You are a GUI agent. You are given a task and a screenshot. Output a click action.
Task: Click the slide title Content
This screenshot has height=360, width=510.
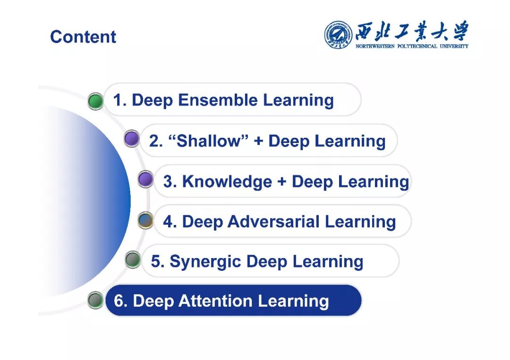[83, 36]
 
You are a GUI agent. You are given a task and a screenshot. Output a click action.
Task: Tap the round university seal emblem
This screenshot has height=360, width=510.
[338, 35]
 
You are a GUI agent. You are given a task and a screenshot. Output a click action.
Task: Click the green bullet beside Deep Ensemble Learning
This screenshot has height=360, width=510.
[95, 101]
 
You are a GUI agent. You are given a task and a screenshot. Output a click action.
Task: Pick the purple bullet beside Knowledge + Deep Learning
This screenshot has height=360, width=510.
[145, 179]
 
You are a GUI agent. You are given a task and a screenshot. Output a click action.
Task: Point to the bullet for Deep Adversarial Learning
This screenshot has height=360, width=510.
[145, 220]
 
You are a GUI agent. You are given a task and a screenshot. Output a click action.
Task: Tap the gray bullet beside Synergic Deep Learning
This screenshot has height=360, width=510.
[133, 260]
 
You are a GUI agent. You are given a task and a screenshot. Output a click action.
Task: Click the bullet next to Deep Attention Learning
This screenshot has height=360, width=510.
[95, 300]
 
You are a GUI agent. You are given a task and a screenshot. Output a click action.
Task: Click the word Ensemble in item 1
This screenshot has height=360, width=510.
[218, 100]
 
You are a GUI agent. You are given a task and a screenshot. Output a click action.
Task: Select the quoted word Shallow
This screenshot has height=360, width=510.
[209, 141]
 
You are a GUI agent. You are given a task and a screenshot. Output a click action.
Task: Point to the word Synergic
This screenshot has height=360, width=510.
[205, 262]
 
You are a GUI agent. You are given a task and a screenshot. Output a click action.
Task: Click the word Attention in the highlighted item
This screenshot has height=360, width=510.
[216, 301]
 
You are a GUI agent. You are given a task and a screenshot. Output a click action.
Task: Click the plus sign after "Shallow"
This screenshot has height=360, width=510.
[259, 142]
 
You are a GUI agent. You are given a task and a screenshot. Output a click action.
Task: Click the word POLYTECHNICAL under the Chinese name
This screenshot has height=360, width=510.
[417, 46]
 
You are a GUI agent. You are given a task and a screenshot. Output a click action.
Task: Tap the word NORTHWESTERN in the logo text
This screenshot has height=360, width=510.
[375, 46]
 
